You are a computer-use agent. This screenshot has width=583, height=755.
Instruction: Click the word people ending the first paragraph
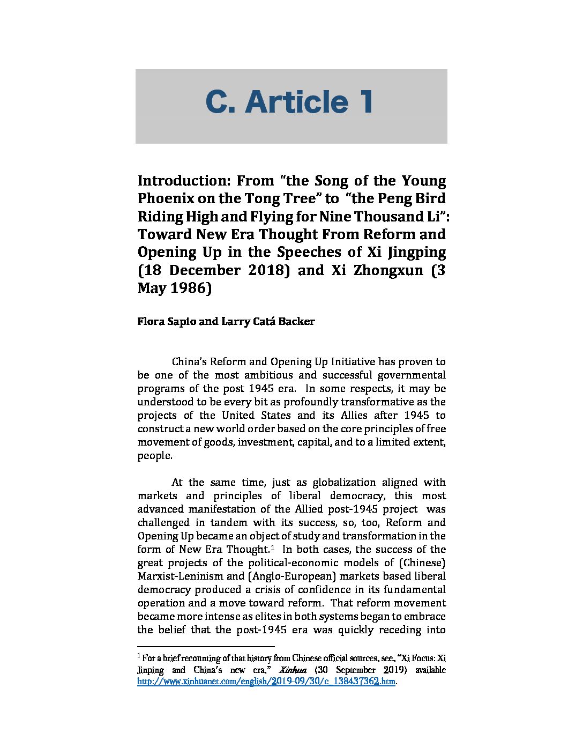tap(154, 456)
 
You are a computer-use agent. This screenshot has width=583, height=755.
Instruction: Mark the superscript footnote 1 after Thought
tap(273, 547)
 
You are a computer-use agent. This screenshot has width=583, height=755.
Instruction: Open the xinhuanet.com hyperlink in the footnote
tap(266, 682)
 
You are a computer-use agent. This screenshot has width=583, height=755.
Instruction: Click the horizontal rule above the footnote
tap(206, 647)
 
